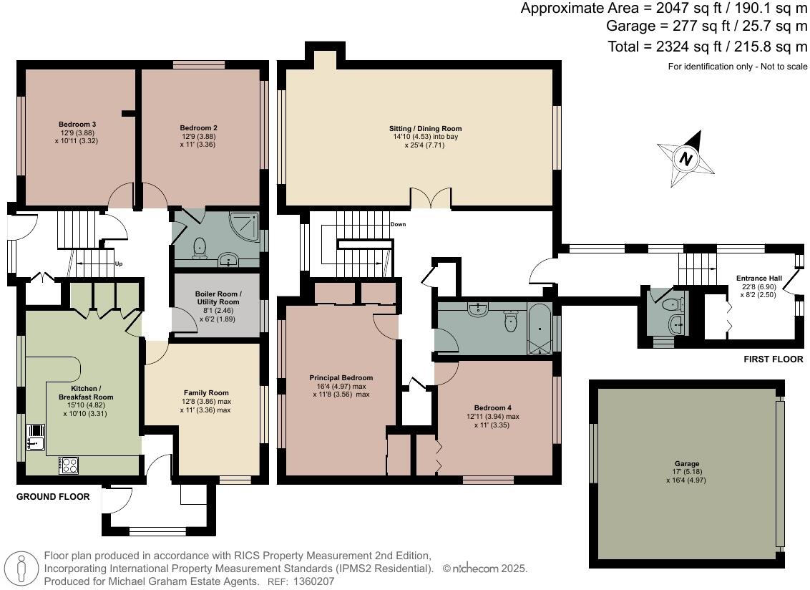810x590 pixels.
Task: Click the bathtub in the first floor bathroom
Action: pos(539,328)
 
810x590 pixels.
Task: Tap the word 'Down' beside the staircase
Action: pos(399,224)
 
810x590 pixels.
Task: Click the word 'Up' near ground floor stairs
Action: pos(119,263)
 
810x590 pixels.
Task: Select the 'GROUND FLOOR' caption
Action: pos(53,496)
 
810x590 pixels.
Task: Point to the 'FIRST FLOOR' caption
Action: pos(774,359)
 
